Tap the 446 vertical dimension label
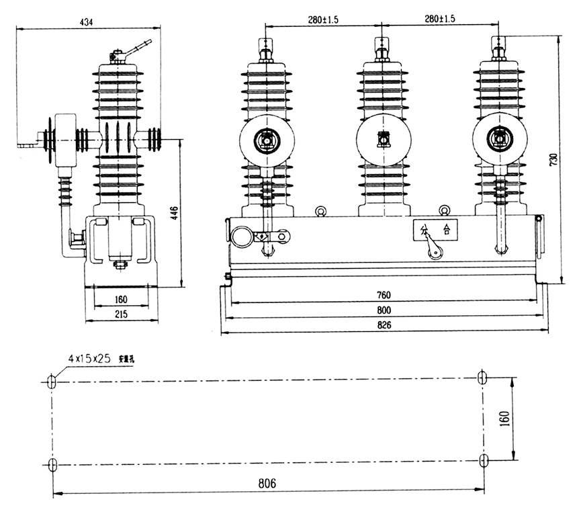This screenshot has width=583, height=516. pos(173,214)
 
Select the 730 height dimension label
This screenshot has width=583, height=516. pos(553,160)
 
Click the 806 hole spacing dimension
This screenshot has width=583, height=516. pos(267,483)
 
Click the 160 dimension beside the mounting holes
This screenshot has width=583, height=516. pos(505,418)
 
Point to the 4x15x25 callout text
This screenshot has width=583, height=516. pos(89,358)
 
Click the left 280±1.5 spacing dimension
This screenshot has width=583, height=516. pos(324,19)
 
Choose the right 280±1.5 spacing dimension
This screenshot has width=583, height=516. pos(440,19)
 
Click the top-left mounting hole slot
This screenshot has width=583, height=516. pos(52,380)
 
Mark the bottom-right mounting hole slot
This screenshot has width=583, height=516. pos(484,460)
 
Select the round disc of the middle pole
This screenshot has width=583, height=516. pos(384,140)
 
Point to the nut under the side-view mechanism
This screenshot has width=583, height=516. pos(121,264)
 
